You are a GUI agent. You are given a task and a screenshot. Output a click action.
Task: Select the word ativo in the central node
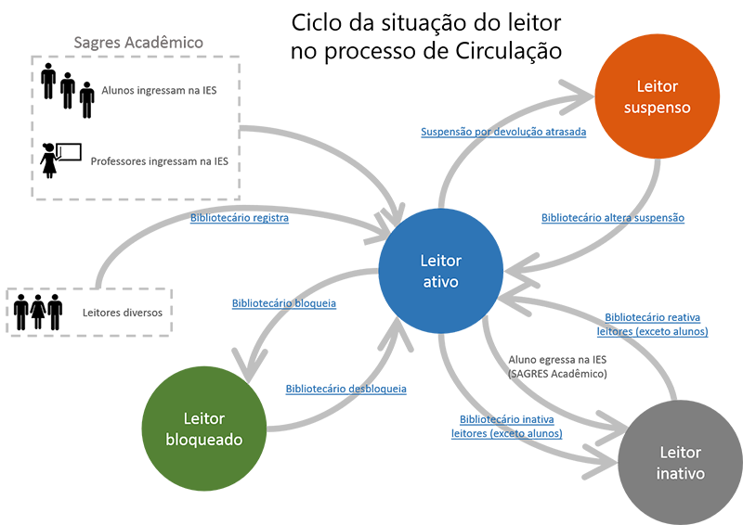coord(440,282)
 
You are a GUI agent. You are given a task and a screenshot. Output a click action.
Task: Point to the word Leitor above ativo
coord(440,261)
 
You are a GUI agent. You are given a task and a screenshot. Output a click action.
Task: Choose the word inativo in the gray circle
coord(681,474)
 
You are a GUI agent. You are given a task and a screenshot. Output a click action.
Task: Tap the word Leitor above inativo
coord(681,453)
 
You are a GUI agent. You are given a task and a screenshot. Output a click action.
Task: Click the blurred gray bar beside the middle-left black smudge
coord(116,313)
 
